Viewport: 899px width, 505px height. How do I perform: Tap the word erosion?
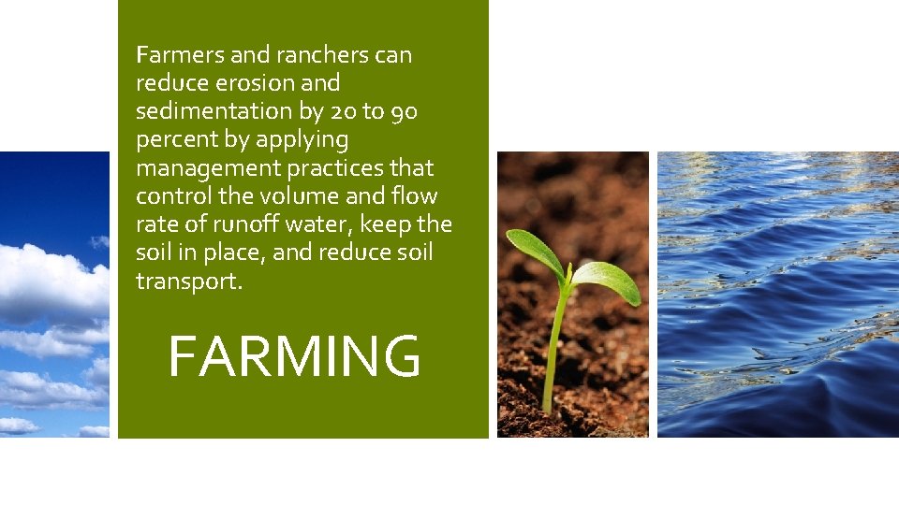[x=247, y=83]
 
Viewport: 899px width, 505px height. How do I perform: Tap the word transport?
[x=189, y=281]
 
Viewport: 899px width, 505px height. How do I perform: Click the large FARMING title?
[x=294, y=356]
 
